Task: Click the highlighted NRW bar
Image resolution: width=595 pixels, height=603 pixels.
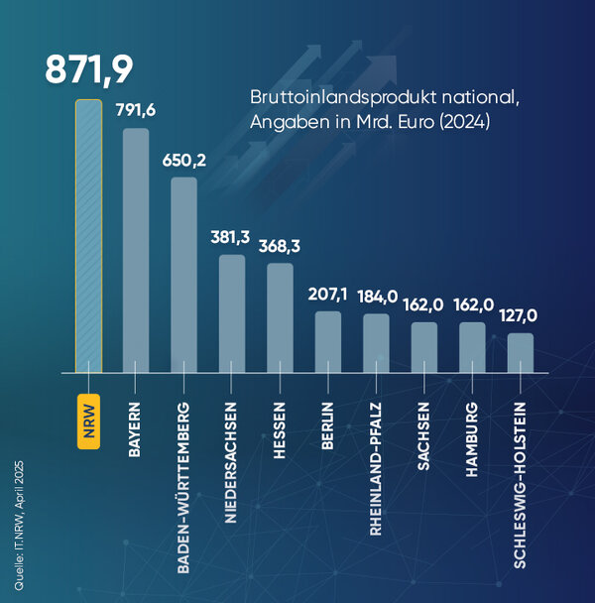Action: click(x=88, y=236)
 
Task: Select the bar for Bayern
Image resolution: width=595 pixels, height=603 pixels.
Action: click(x=136, y=250)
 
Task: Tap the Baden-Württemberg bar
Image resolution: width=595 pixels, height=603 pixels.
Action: click(x=184, y=275)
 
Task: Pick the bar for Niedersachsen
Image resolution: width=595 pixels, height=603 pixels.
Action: click(x=232, y=313)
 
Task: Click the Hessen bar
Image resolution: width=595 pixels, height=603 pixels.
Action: click(x=280, y=317)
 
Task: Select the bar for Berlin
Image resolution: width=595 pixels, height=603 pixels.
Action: click(x=328, y=342)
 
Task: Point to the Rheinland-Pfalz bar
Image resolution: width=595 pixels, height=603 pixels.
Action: click(x=376, y=343)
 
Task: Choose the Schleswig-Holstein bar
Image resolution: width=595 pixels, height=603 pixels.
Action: click(x=520, y=352)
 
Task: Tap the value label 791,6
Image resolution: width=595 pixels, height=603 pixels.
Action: click(x=136, y=110)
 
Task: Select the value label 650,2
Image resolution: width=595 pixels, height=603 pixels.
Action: click(x=184, y=160)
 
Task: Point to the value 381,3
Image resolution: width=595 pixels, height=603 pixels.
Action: click(x=232, y=237)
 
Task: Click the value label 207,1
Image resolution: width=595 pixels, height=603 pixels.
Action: click(x=328, y=295)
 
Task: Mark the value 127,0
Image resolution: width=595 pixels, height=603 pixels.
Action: click(x=520, y=315)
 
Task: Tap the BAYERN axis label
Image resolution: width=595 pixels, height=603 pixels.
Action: click(x=136, y=427)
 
